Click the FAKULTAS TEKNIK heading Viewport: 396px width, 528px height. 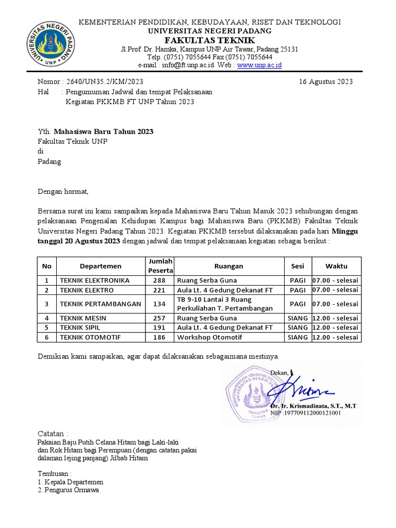tap(209, 40)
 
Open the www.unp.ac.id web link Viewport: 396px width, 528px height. tap(259, 65)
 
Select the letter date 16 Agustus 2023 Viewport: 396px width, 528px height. tap(326, 81)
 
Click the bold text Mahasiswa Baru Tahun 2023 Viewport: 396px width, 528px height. tap(107, 131)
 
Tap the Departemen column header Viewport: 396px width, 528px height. tap(101, 266)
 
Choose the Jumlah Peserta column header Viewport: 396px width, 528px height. tap(160, 266)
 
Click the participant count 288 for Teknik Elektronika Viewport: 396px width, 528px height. tap(160, 280)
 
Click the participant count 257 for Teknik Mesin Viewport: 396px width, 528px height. tap(160, 318)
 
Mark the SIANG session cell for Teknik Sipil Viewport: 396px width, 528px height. tap(298, 327)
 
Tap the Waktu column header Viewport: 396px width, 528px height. tap(336, 266)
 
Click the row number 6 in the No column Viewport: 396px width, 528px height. tap(47, 337)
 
